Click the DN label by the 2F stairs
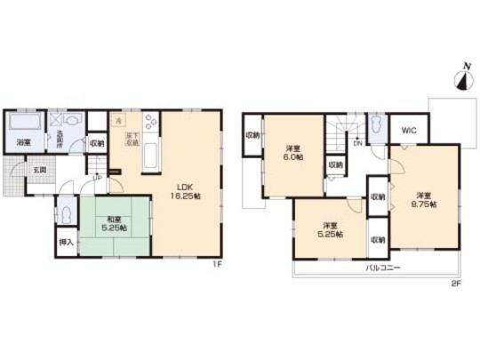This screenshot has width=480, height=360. point(358,142)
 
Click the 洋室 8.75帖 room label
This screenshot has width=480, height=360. point(422,200)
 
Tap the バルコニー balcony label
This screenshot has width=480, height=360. point(380,267)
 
